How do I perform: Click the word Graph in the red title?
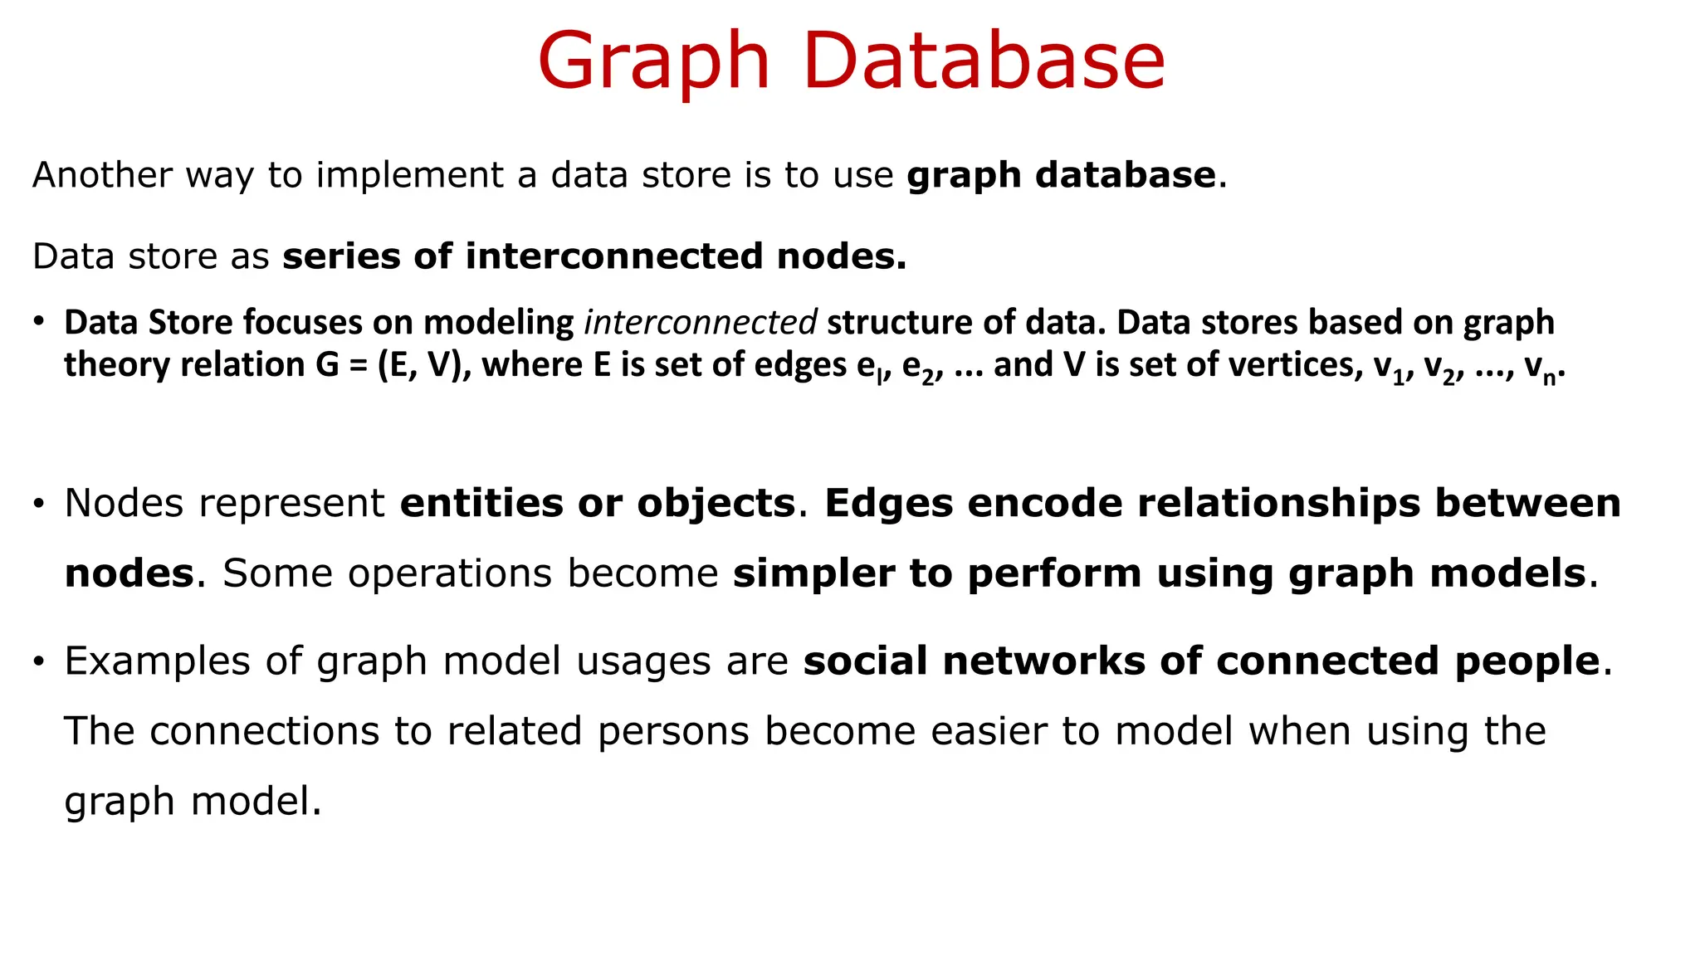pos(654,63)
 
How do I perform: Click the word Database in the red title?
pos(984,61)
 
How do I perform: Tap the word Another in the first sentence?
pos(102,175)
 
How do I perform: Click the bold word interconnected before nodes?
pos(613,256)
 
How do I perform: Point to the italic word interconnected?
pos(701,323)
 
